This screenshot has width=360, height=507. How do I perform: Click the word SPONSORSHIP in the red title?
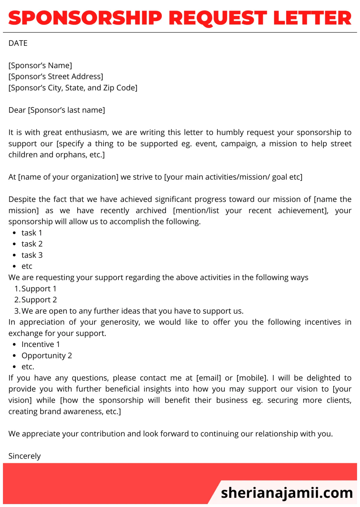85,18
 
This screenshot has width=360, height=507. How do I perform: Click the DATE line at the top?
18,43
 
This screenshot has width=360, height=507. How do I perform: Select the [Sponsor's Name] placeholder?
40,65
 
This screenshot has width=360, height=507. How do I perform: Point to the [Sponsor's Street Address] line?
56,76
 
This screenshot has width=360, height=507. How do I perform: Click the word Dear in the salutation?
17,110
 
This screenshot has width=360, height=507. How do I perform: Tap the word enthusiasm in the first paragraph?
87,132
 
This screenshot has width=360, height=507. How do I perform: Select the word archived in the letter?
151,211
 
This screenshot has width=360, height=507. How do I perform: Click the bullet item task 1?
32,233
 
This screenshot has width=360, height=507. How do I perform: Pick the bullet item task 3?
32,255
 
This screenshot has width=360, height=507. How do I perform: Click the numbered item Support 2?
39,300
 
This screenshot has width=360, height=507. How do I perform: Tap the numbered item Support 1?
39,288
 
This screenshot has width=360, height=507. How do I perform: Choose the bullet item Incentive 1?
41,344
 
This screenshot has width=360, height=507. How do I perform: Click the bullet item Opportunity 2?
47,356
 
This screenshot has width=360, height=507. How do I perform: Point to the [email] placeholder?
209,378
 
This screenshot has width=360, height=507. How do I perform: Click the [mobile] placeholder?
252,378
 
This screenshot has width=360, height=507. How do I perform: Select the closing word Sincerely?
24,456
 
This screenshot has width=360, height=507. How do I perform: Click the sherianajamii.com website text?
287,493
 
